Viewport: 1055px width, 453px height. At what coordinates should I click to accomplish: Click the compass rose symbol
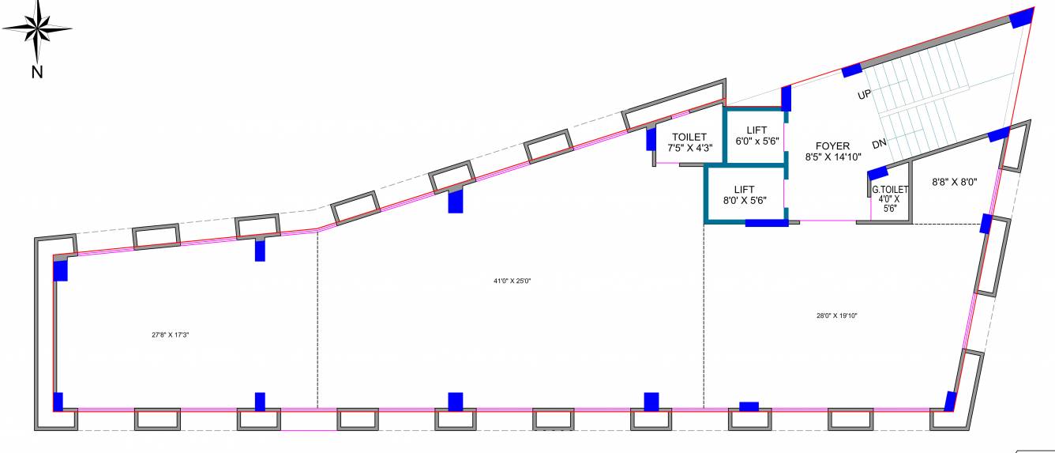(36, 29)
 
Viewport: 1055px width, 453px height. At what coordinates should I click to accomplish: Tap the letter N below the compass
(36, 73)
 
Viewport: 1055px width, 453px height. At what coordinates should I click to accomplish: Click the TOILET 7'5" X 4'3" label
(689, 142)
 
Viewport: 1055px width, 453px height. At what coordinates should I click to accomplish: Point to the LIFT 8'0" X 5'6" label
(744, 194)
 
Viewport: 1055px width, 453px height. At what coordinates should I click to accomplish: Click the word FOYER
(832, 146)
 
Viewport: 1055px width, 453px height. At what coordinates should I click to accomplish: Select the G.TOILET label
(890, 190)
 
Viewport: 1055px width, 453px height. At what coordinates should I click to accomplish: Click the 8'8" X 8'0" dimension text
(955, 181)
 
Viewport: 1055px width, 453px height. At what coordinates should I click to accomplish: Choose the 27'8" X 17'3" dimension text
(171, 334)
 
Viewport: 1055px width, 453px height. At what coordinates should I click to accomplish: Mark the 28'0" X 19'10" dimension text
(837, 315)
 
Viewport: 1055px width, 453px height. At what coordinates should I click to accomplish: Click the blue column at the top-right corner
(1022, 17)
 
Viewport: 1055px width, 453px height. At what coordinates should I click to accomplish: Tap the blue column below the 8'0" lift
(766, 222)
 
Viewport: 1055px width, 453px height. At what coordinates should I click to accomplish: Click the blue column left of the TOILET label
(651, 139)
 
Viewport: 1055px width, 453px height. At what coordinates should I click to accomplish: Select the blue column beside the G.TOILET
(877, 175)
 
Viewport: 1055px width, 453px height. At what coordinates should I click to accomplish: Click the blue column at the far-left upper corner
(60, 270)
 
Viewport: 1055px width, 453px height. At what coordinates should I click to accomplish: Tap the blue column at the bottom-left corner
(58, 402)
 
